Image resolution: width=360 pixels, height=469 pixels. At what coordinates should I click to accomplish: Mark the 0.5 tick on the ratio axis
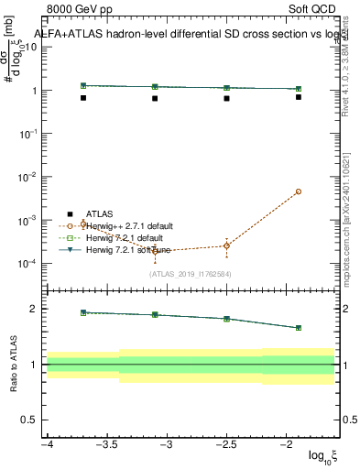(32, 420)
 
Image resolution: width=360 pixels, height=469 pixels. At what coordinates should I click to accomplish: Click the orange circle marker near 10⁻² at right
(299, 191)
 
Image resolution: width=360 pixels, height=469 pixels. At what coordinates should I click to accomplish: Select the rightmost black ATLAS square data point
(299, 97)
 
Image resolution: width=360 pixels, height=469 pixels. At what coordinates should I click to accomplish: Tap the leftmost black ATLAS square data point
(83, 98)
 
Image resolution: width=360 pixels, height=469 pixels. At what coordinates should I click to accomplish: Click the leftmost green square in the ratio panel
(83, 312)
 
